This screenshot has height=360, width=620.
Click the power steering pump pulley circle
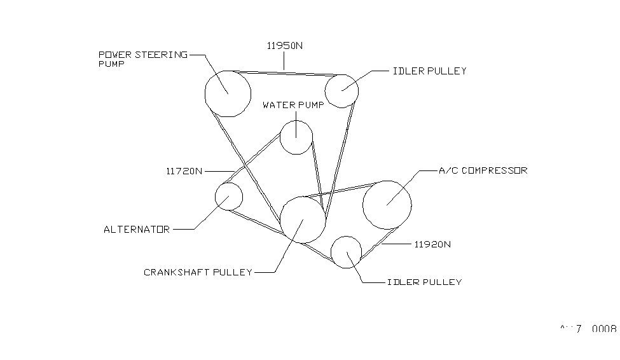(x=227, y=93)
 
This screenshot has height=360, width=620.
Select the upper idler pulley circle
(x=342, y=91)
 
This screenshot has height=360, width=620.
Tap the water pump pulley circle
(x=296, y=137)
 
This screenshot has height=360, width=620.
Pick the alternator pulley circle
(x=229, y=197)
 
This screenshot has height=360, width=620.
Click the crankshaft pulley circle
(x=303, y=219)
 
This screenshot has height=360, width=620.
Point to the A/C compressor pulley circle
(x=387, y=204)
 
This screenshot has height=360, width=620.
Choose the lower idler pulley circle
(x=347, y=252)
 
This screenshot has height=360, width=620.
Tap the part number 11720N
(x=184, y=171)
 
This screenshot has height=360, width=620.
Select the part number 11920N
(x=432, y=244)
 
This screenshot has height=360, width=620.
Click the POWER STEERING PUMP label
(x=142, y=59)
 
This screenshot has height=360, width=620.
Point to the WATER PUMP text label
(x=293, y=105)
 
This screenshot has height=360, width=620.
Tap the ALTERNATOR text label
(x=137, y=230)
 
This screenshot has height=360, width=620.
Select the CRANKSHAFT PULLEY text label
(x=198, y=272)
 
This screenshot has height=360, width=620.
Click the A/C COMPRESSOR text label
(x=483, y=170)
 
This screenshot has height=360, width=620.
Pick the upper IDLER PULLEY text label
(x=429, y=71)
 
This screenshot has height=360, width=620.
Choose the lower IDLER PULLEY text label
(x=424, y=282)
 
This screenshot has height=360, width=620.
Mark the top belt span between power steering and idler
(x=286, y=71)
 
